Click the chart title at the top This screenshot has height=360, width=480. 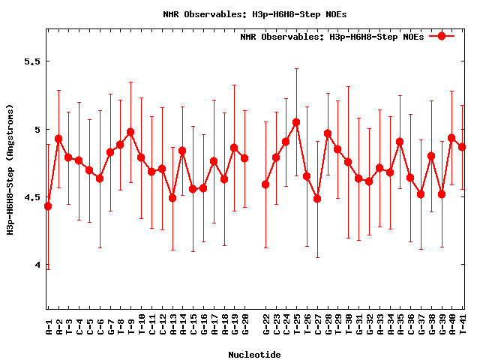255,14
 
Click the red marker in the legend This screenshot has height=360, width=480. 442,36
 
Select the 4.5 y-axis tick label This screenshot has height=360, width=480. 31,197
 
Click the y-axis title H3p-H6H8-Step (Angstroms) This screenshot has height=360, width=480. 10,169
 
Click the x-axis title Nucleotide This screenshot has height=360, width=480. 255,355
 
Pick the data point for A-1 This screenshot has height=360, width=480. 48,206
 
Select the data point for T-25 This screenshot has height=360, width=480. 296,122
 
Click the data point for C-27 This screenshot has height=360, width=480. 317,199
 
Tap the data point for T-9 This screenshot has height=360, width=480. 130,132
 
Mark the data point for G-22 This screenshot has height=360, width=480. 265,184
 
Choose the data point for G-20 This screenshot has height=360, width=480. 244,158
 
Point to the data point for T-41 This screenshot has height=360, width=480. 462,147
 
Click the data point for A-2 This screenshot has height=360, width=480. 58,139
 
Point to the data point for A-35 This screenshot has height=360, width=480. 400,142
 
